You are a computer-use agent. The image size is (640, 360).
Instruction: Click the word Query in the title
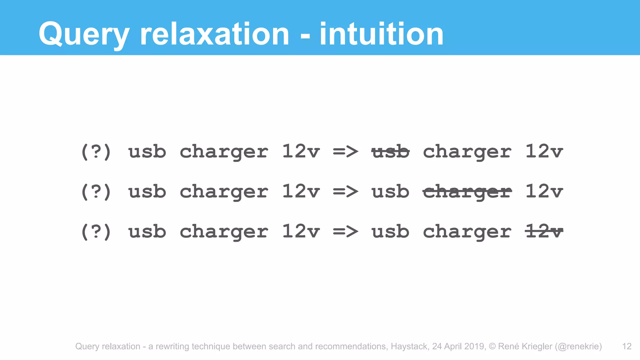(x=84, y=34)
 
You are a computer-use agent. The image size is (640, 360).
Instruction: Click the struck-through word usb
(x=390, y=152)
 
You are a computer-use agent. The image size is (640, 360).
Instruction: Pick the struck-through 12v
(x=544, y=232)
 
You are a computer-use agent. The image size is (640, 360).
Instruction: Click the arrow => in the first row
(x=345, y=152)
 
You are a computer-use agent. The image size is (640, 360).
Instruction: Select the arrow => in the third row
(x=345, y=232)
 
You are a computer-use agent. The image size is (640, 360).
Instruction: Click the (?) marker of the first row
(x=96, y=152)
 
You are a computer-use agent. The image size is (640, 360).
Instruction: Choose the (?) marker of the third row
(x=96, y=232)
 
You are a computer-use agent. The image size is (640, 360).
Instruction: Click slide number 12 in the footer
(x=627, y=346)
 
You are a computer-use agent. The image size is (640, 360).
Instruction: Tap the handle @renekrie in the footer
(x=578, y=346)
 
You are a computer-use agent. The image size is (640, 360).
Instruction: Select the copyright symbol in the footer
(x=492, y=346)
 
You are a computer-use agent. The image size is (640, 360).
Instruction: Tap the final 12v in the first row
(x=544, y=152)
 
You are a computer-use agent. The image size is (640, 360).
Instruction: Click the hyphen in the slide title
(x=305, y=36)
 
